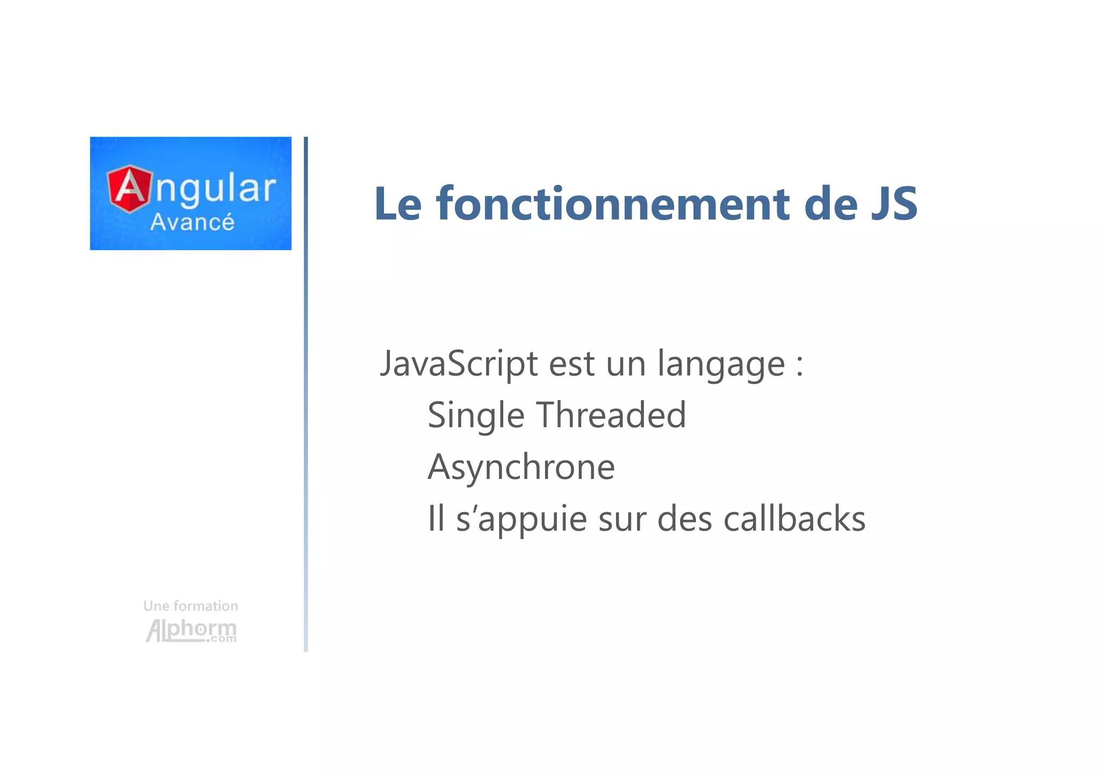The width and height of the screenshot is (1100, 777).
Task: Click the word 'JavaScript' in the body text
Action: [x=459, y=364]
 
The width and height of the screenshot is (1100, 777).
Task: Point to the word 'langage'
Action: [x=721, y=364]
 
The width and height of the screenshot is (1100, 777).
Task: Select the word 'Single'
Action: [x=475, y=416]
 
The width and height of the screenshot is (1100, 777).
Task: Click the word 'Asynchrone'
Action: [x=521, y=467]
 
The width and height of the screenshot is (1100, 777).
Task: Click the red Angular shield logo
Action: [x=129, y=188]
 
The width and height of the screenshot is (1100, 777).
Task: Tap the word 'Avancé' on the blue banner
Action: [x=192, y=222]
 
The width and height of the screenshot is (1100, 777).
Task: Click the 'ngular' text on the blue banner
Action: [x=215, y=188]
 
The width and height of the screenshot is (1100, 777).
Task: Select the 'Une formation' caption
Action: [x=191, y=606]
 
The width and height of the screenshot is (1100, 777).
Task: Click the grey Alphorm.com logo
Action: [x=191, y=630]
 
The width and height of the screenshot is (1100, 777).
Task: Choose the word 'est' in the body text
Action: [x=571, y=364]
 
